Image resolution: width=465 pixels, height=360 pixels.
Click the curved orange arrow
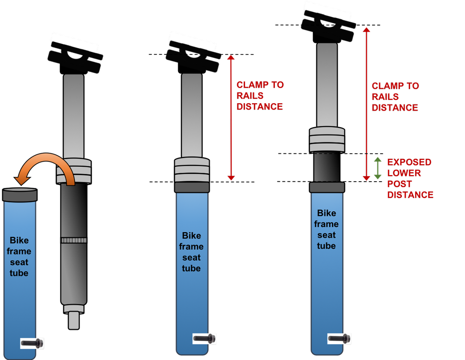point(44,164)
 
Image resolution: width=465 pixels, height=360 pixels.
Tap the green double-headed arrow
point(378,168)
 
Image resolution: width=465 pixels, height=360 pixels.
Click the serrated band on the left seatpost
point(73,240)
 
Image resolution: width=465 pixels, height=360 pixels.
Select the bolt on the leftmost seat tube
point(33,343)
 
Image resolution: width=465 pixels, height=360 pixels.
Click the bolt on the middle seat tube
point(204,339)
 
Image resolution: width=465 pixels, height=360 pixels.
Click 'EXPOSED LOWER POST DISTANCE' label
point(410,178)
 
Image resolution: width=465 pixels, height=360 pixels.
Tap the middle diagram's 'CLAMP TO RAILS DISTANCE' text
point(259,96)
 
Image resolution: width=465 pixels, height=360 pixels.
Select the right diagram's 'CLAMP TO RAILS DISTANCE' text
point(395,97)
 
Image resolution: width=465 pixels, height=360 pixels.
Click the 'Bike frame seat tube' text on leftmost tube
point(19,256)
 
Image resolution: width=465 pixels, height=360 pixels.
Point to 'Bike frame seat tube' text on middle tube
point(191,252)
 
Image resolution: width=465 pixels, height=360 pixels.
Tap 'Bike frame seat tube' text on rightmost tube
point(326,229)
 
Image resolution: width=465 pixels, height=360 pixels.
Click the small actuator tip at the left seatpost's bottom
point(73,321)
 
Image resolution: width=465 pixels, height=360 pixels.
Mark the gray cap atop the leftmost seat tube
point(20,194)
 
